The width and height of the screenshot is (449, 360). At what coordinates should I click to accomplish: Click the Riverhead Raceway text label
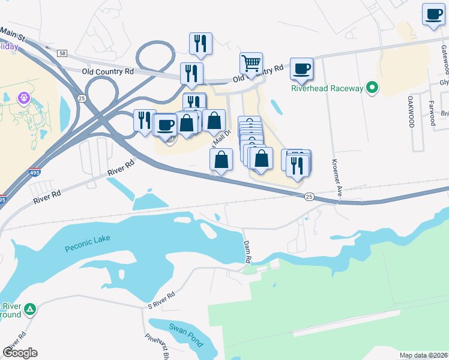coord(327,88)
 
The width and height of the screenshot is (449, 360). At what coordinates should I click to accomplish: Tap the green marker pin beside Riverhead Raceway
coord(372,88)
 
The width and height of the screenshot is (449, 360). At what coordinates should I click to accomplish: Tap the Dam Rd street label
coord(247,251)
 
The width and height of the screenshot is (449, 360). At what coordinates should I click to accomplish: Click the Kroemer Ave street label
coord(338,178)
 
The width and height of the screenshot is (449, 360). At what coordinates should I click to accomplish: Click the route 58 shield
coord(62,53)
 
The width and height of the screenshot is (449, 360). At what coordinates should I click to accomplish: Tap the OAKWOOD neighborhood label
coord(411,111)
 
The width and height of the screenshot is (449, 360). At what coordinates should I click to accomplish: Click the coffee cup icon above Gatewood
coord(433,13)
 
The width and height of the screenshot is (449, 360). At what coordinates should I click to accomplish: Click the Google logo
coord(20,353)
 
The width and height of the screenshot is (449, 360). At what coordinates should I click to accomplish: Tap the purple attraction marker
coord(23,97)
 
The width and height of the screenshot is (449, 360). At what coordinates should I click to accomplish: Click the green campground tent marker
coord(29,310)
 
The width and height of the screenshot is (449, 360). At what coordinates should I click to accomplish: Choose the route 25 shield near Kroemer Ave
coord(309,197)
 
